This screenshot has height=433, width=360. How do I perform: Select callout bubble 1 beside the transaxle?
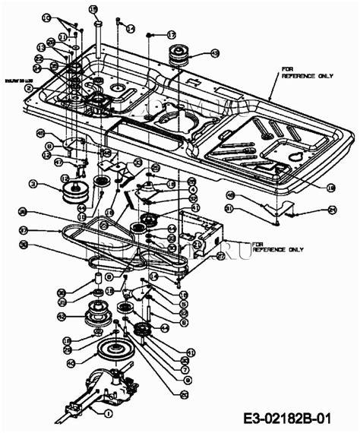point(109,414)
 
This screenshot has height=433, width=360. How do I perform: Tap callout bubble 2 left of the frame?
point(28,88)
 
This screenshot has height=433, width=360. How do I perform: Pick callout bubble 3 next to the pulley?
point(33,183)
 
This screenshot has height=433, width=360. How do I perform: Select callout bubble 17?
point(172,35)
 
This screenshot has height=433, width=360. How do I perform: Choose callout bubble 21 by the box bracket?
point(197,245)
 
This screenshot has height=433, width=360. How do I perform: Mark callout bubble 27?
point(221,257)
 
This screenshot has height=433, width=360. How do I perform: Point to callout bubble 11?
point(63,36)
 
